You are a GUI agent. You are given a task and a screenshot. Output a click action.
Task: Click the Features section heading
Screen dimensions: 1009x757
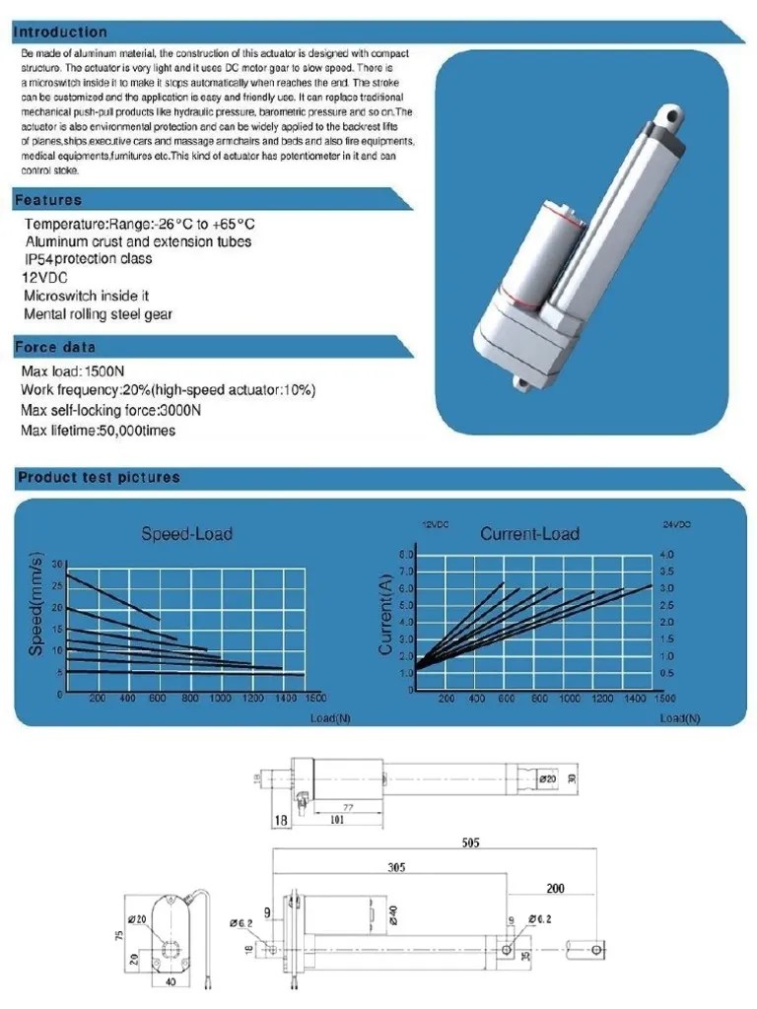48,200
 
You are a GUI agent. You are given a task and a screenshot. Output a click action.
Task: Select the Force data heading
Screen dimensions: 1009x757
55,347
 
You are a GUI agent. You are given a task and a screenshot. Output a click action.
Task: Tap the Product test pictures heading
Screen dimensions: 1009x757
99,478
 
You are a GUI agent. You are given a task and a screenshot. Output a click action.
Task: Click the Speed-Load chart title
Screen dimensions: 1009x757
187,534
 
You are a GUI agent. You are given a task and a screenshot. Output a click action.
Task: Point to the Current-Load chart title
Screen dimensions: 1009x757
529,534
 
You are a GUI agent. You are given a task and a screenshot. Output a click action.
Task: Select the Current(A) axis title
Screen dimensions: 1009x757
385,616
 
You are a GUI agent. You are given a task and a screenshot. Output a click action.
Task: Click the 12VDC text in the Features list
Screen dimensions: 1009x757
43,277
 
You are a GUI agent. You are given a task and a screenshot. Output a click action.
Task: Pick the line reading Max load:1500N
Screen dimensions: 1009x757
73,371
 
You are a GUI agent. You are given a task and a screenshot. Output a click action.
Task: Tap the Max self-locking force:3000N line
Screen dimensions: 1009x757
110,410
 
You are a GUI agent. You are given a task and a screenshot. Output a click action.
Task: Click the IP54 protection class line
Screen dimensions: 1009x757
88,258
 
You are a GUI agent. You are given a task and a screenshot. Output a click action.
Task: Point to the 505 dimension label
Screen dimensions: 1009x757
470,842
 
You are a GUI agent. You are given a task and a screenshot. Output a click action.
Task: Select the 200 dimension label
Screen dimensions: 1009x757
555,888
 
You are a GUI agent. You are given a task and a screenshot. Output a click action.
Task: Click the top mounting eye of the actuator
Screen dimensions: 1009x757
675,116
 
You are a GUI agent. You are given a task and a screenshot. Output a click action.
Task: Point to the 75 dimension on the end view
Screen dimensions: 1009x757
120,934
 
